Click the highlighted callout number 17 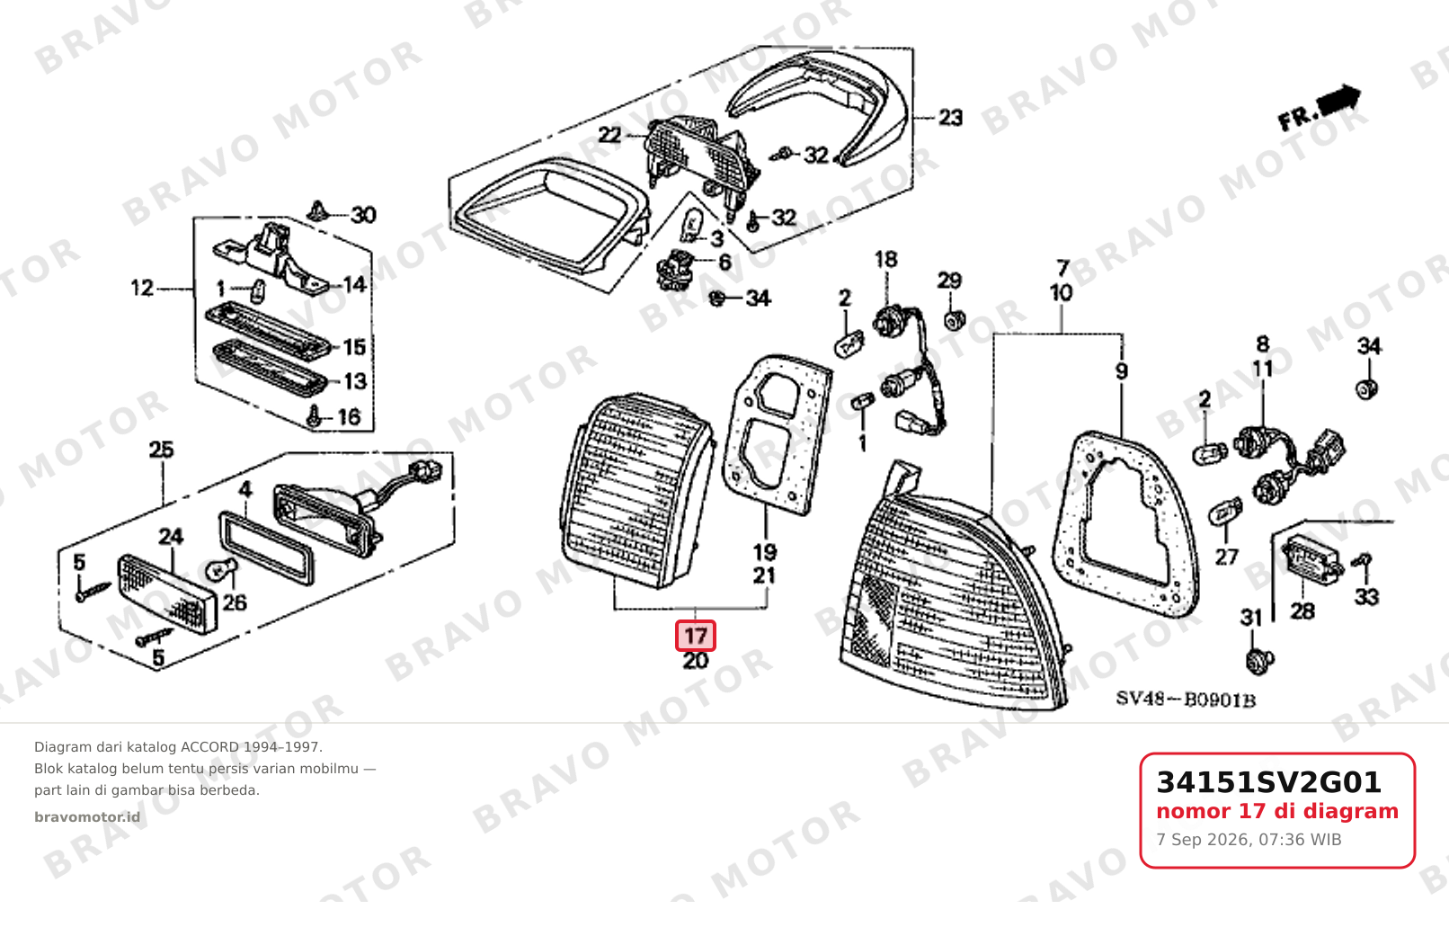point(696,636)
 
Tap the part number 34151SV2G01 point(1268,782)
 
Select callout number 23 point(950,118)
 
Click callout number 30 point(363,215)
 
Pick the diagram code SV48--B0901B point(1185,700)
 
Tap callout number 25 point(162,449)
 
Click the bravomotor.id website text point(87,817)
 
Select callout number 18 point(886,259)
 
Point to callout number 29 point(949,281)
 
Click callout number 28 point(1302,611)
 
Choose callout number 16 point(350,416)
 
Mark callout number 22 point(609,135)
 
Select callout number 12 point(142,288)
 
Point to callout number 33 point(1367,596)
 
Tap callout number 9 point(1122,371)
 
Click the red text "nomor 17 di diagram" point(1277,811)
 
